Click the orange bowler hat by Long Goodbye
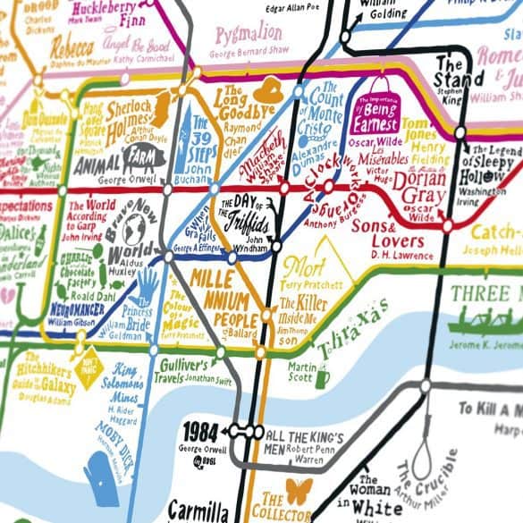point(267,91)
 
